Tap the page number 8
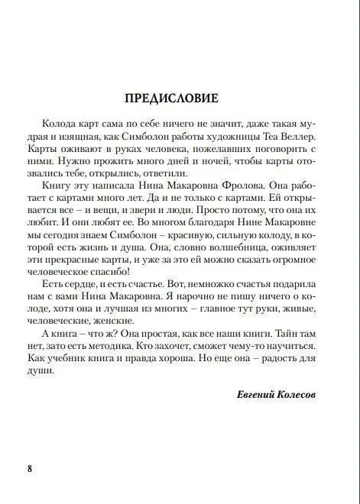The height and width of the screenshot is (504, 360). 30,468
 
